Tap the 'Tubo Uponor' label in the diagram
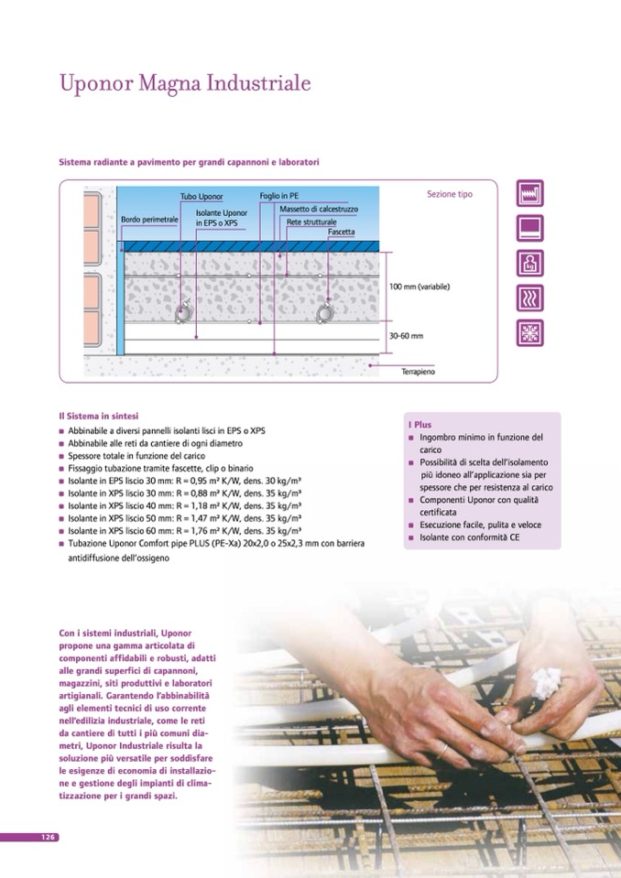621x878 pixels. click(202, 197)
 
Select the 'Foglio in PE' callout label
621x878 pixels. click(278, 196)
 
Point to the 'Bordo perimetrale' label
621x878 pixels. click(149, 221)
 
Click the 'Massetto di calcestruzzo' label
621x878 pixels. click(319, 210)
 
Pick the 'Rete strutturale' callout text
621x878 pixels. click(311, 222)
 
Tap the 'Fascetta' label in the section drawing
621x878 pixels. click(342, 233)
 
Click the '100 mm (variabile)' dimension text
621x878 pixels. click(419, 287)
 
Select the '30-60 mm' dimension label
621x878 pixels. click(406, 336)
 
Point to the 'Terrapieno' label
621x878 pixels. click(418, 372)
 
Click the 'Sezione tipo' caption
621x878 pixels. click(450, 194)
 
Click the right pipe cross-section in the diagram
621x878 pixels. click(326, 314)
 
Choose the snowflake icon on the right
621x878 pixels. click(530, 333)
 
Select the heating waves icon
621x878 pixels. click(530, 298)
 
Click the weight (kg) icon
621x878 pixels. click(530, 264)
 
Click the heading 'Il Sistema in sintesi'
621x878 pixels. click(99, 416)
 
